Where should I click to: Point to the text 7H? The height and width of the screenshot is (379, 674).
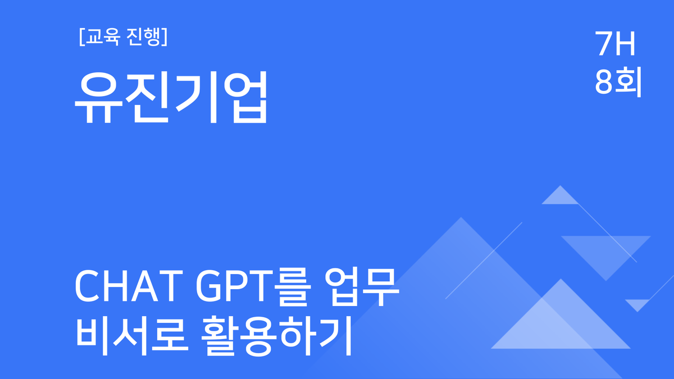coord(616,45)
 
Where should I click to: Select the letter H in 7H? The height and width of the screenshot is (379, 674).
coord(626,45)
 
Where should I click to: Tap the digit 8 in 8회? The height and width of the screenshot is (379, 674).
coord(604,83)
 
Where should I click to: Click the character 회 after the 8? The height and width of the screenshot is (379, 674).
coord(628,83)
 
